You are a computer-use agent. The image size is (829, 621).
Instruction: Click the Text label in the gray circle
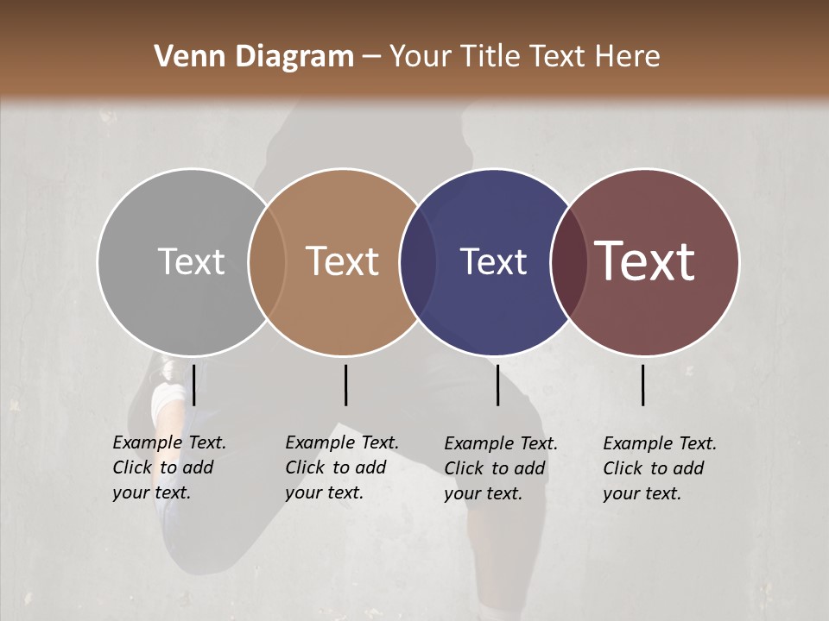191,261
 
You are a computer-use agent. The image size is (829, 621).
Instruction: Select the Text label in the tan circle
343,261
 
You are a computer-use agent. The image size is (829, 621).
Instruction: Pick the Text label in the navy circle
493,261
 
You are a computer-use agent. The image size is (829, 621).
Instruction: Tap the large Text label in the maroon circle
645,261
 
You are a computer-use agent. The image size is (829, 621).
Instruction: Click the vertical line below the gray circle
194,385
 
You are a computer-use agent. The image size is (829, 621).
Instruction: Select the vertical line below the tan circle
345,385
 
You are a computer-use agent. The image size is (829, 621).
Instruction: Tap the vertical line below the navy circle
497,385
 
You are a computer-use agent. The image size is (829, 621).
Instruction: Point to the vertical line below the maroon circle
642,385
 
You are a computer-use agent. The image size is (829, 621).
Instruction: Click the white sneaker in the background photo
166,401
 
